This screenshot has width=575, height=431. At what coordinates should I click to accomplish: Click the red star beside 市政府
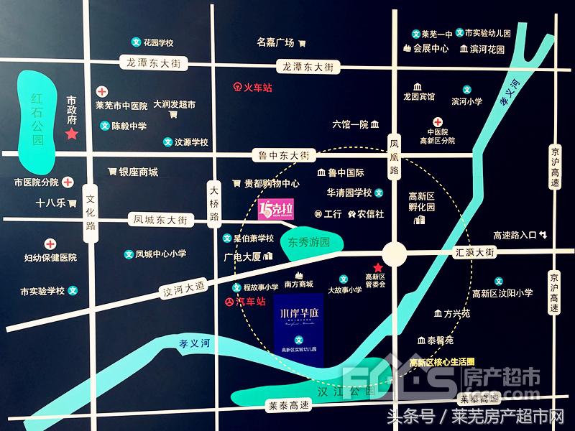71,134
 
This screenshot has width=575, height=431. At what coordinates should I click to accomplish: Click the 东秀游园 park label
308,242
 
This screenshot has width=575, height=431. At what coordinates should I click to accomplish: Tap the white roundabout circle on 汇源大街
395,253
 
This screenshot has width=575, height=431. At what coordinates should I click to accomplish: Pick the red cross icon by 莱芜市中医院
102,92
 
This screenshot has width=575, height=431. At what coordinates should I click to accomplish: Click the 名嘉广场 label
275,42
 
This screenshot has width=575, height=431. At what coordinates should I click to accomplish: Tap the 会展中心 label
431,49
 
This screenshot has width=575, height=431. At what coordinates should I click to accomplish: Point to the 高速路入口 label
515,235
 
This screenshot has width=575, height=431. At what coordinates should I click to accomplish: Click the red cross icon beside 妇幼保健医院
51,244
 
